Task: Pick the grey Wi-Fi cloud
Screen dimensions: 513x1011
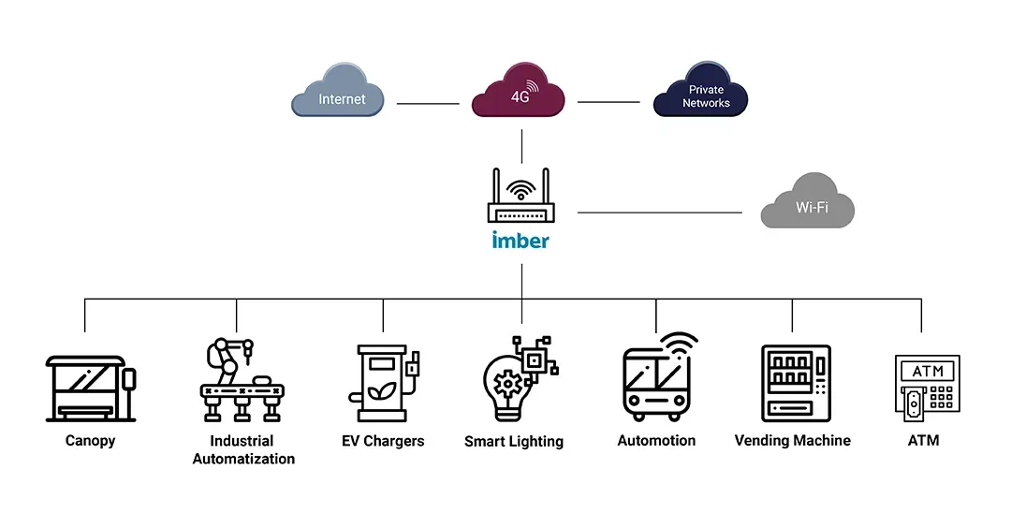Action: tap(808, 206)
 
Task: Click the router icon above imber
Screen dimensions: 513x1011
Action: tap(521, 198)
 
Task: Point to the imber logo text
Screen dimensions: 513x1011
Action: tap(520, 240)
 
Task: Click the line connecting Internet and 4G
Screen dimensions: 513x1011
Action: tap(428, 103)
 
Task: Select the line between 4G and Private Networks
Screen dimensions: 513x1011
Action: tap(608, 101)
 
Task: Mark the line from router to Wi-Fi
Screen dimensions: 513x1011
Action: tap(659, 213)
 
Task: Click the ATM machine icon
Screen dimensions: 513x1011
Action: tap(923, 387)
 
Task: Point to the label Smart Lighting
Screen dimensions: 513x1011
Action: tap(514, 441)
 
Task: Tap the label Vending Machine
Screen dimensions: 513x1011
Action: tap(792, 440)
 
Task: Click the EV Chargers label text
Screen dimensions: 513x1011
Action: tap(383, 441)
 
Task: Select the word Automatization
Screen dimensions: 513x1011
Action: tap(243, 459)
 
